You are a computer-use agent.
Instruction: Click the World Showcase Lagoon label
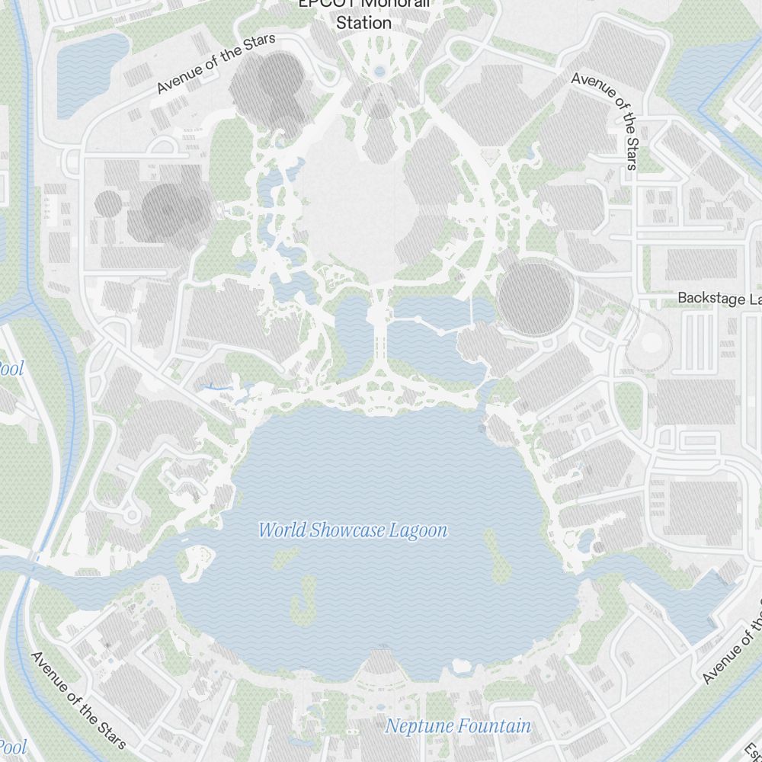tap(353, 530)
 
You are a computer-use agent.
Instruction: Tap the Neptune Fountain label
tap(458, 726)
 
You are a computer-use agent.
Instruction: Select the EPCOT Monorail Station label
tap(364, 13)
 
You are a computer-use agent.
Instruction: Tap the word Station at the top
tap(364, 23)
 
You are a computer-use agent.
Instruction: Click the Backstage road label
tap(719, 298)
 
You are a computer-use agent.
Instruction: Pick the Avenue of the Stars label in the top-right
tap(604, 119)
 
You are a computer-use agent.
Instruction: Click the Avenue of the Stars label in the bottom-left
tap(78, 699)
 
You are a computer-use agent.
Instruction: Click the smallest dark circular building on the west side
tap(108, 203)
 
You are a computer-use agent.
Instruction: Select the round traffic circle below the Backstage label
tap(651, 343)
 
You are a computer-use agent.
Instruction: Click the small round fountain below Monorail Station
tap(379, 72)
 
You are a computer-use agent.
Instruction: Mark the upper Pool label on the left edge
tap(11, 370)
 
